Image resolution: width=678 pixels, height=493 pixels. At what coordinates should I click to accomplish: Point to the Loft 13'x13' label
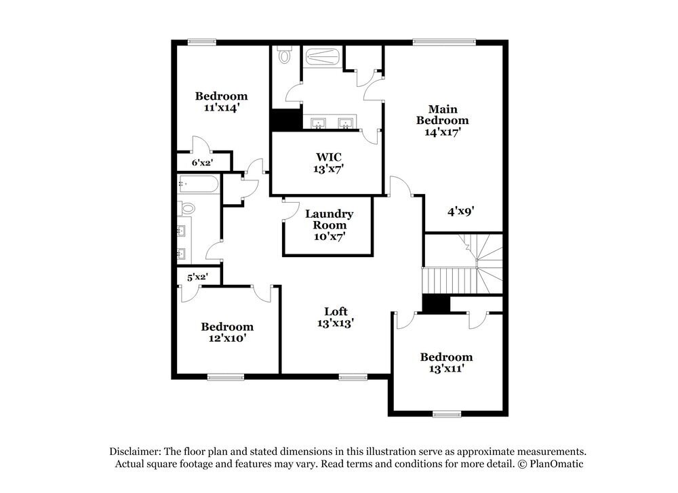[336, 317]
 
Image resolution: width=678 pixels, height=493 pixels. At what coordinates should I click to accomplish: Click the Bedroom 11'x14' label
[222, 102]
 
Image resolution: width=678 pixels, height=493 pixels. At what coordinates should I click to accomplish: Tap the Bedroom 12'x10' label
[227, 332]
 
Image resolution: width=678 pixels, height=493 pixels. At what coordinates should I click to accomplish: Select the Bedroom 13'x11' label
[445, 363]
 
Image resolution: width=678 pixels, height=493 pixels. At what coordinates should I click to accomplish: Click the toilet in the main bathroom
[285, 56]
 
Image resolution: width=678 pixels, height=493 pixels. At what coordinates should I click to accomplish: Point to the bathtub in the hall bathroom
[198, 184]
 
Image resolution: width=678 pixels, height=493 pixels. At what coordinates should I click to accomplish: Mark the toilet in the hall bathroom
[186, 208]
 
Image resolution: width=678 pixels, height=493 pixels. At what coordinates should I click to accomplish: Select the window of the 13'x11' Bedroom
[447, 414]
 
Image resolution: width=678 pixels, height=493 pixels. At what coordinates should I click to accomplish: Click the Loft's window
[353, 377]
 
